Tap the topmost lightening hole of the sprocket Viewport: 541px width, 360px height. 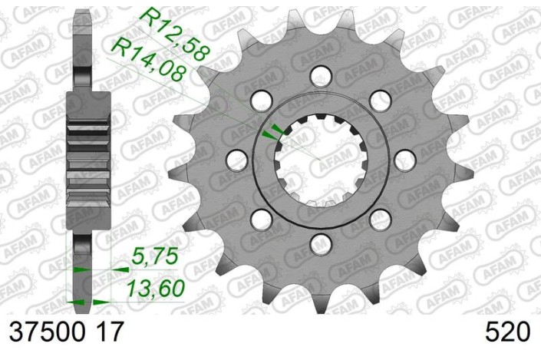[x=320, y=74]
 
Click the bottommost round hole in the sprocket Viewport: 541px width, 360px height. [x=320, y=245]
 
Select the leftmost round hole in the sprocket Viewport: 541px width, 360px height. [x=237, y=160]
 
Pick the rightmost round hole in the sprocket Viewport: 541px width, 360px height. [x=404, y=160]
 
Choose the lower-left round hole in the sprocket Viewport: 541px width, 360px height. [x=261, y=220]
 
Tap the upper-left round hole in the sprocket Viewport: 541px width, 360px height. [x=261, y=100]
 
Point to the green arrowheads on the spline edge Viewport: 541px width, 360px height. [x=270, y=133]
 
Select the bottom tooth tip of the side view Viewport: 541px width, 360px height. [x=82, y=303]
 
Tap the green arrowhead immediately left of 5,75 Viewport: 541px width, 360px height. [x=120, y=270]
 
